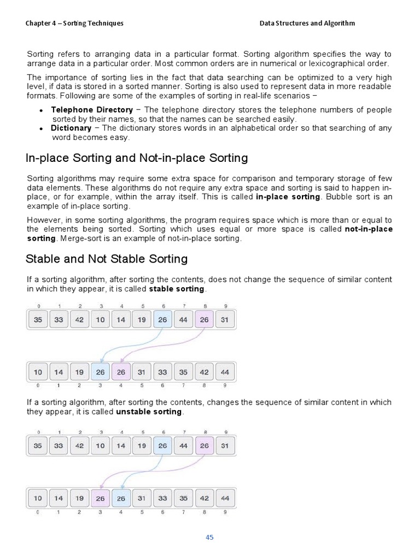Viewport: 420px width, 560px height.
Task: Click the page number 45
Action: [x=209, y=537]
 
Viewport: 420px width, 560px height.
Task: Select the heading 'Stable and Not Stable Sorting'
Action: [x=107, y=259]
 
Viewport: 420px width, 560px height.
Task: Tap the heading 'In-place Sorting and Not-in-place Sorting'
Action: [x=137, y=158]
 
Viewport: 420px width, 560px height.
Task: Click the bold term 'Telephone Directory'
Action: [x=91, y=110]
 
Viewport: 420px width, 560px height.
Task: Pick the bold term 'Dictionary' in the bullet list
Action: [x=71, y=128]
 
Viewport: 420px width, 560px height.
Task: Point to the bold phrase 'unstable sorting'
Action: [x=149, y=412]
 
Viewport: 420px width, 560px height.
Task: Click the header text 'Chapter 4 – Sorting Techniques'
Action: [x=74, y=23]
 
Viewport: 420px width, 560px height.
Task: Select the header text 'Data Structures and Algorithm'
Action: [x=307, y=23]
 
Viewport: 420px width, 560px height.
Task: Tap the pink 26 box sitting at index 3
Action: [x=100, y=498]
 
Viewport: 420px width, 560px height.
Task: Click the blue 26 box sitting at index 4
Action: [x=121, y=498]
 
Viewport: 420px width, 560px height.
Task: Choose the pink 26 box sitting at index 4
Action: [x=121, y=372]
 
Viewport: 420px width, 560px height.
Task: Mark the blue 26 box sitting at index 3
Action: [x=100, y=372]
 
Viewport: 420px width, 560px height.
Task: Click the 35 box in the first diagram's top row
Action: [x=38, y=320]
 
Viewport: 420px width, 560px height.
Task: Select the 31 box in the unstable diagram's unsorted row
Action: [x=224, y=446]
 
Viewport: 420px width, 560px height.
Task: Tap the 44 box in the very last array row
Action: [x=224, y=498]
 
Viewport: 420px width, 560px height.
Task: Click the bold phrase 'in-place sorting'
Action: [x=288, y=196]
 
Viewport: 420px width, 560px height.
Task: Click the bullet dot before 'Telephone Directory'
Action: [x=42, y=110]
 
